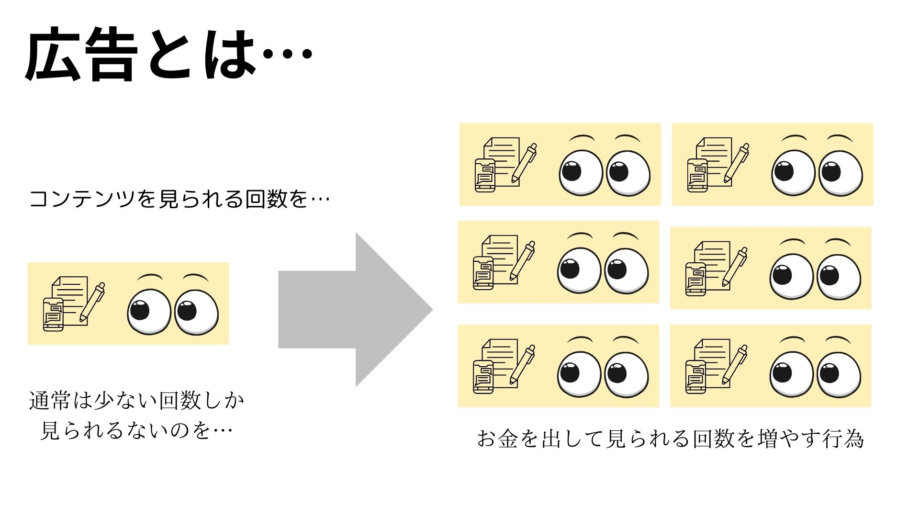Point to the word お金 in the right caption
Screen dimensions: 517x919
coord(498,438)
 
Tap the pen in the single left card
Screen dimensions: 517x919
coord(92,302)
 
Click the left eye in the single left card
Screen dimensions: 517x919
coord(149,312)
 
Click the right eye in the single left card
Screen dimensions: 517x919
coord(196,312)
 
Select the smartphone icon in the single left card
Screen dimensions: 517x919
coord(53,314)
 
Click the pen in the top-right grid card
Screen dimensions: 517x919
coord(737,163)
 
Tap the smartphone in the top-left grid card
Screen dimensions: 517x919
coord(485,175)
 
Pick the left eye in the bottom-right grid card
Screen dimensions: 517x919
coord(792,373)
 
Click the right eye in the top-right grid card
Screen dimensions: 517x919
coord(841,172)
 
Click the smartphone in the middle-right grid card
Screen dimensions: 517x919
coord(695,279)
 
